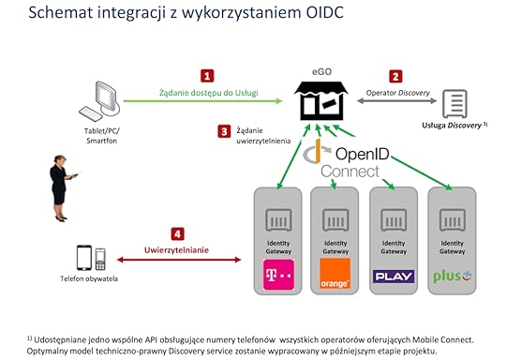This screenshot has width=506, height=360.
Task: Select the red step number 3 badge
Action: [224, 131]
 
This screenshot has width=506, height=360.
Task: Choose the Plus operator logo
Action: [452, 277]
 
